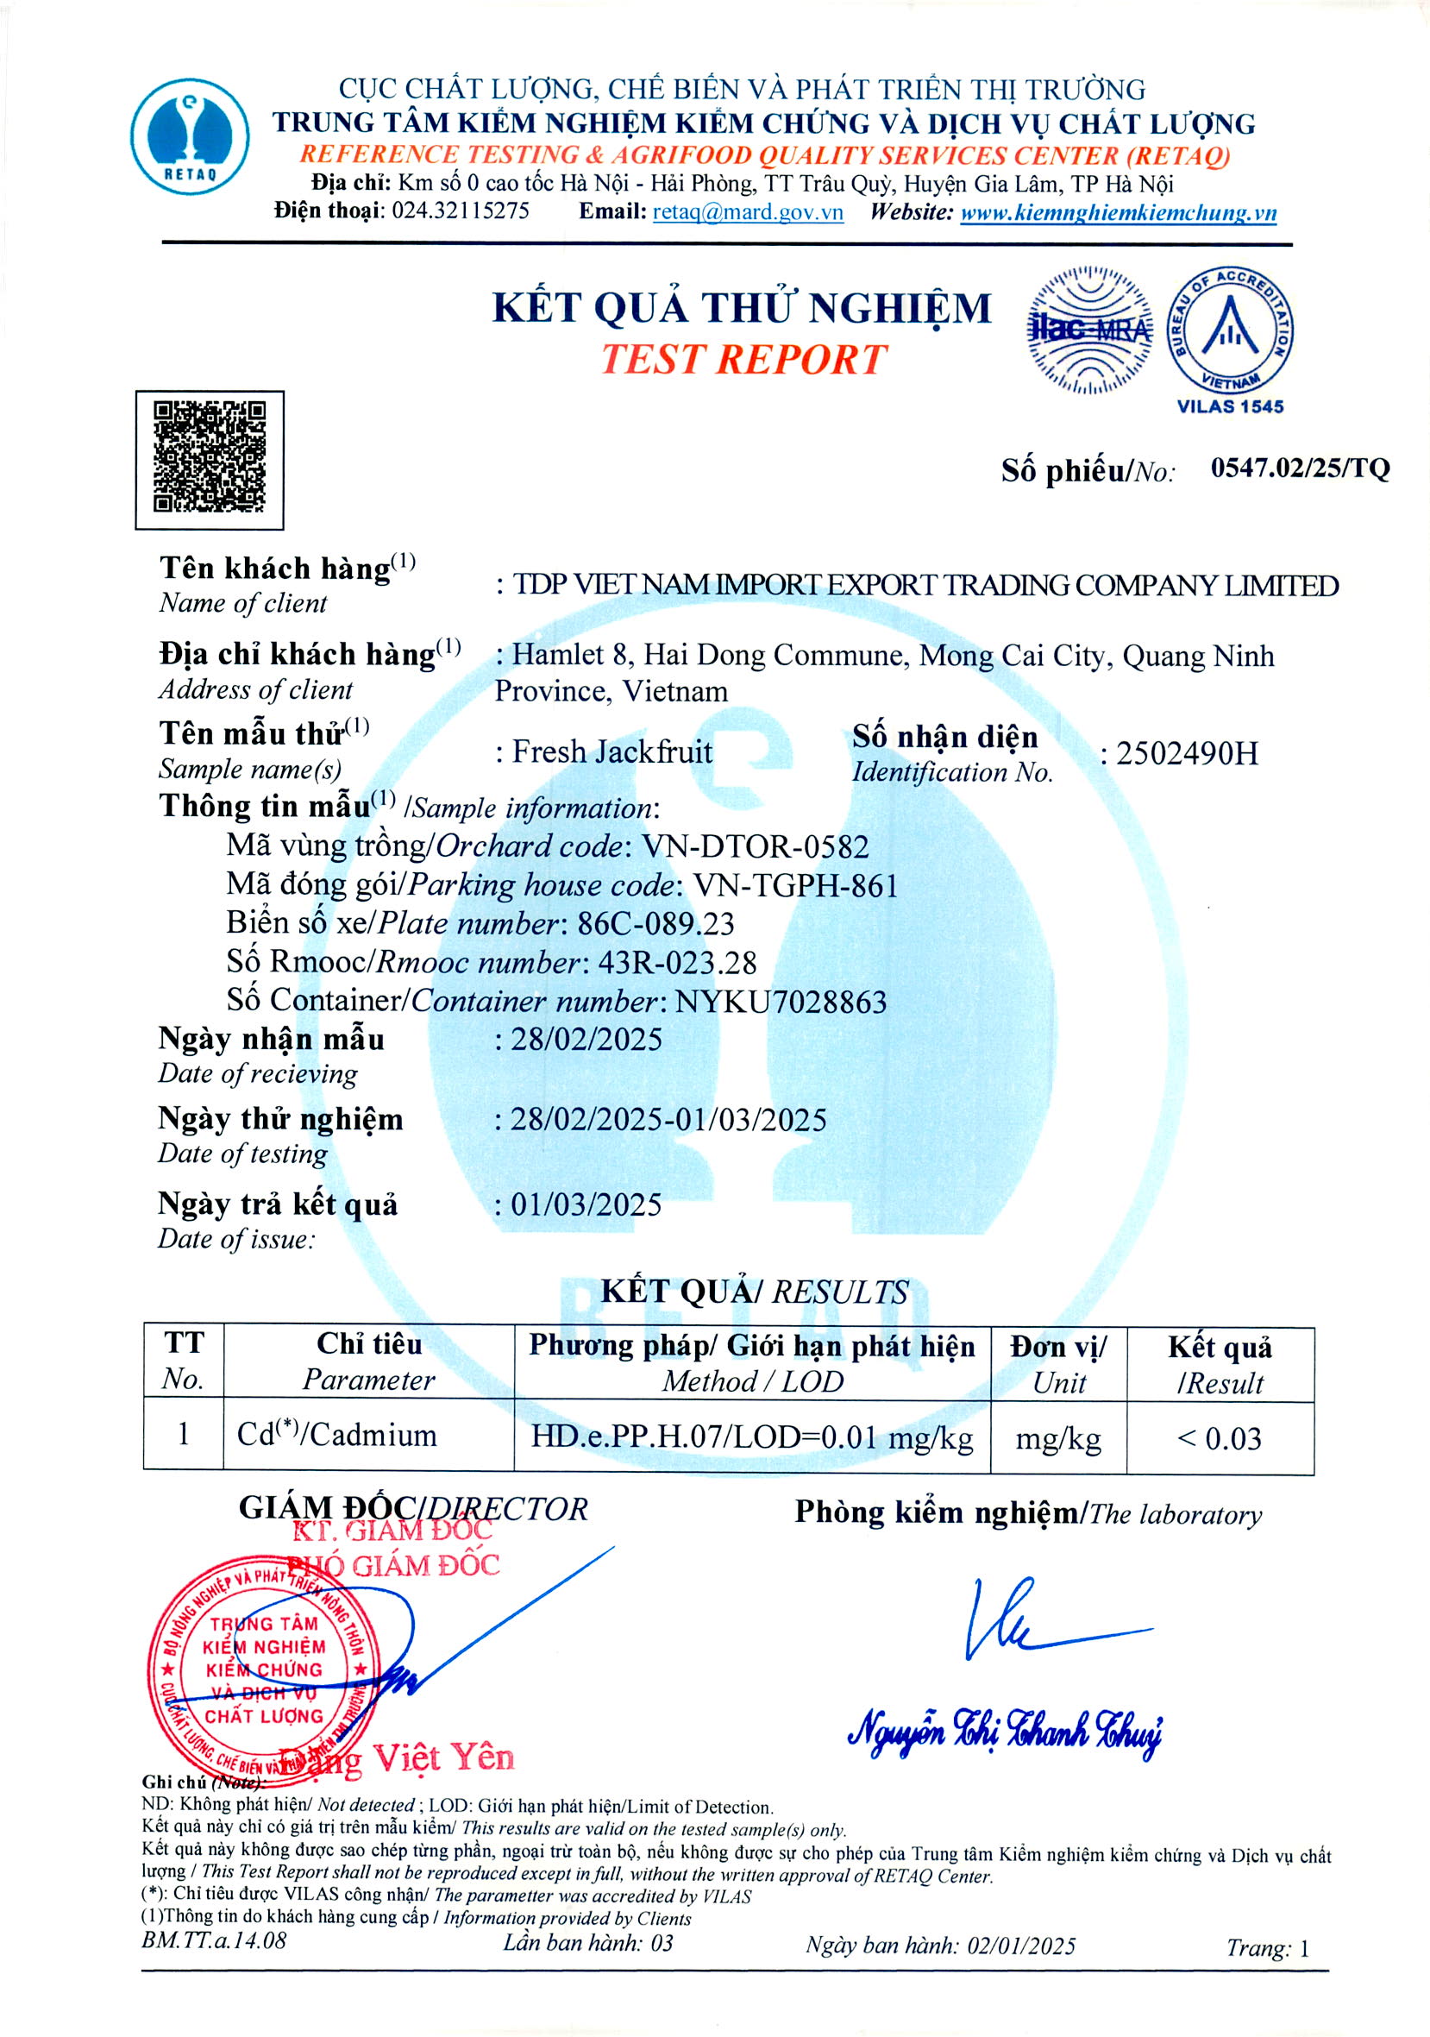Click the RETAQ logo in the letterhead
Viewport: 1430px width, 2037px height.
[190, 135]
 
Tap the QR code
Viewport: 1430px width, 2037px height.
[210, 458]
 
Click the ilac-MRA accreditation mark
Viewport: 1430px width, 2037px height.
[1090, 330]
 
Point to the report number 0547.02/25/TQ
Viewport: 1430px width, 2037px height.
[1300, 468]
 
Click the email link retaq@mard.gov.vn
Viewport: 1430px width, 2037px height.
[748, 212]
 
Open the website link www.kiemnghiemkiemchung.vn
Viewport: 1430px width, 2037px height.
[1118, 213]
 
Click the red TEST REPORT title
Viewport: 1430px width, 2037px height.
[743, 359]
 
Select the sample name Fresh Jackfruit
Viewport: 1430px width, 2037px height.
[612, 752]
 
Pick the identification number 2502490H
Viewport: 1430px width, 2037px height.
[1186, 753]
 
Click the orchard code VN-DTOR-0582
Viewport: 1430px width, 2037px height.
[755, 846]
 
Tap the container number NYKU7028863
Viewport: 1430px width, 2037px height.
[781, 1002]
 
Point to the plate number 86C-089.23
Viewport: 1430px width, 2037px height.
[655, 923]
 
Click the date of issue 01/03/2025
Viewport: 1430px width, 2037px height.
[586, 1204]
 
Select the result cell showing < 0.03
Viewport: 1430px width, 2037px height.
[1219, 1438]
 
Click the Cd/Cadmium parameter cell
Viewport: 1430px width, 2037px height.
[337, 1435]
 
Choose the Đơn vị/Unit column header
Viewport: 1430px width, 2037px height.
[1058, 1364]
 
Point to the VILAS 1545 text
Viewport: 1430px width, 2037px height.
[1230, 406]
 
